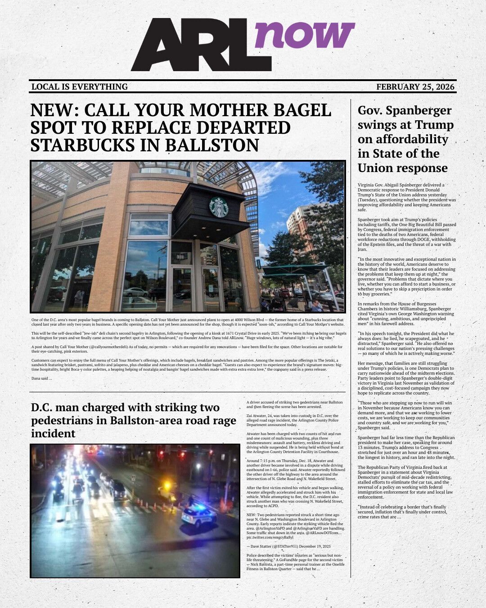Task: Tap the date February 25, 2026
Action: [415, 86]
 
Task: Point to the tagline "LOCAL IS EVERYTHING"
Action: [80, 86]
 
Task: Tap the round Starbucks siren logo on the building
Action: [219, 207]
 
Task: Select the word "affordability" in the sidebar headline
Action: [410, 139]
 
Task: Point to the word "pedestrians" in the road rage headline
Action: [58, 421]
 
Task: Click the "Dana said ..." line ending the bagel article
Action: [42, 378]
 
